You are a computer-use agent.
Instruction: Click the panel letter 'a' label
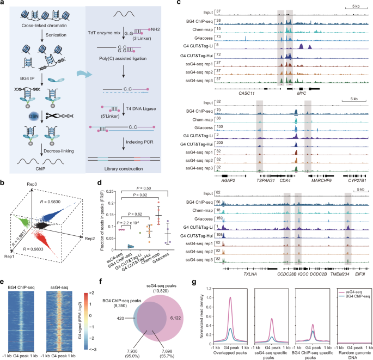(x=4, y=4)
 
